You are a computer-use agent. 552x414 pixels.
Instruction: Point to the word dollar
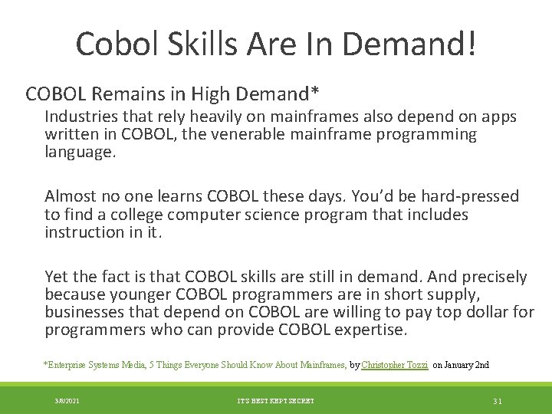(x=472, y=312)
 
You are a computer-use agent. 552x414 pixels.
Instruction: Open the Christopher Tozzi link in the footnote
(x=394, y=365)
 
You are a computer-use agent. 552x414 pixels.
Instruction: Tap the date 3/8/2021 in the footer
(x=67, y=401)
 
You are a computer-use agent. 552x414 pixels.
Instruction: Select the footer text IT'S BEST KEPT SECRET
(x=275, y=401)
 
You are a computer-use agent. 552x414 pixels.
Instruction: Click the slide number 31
(x=498, y=401)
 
